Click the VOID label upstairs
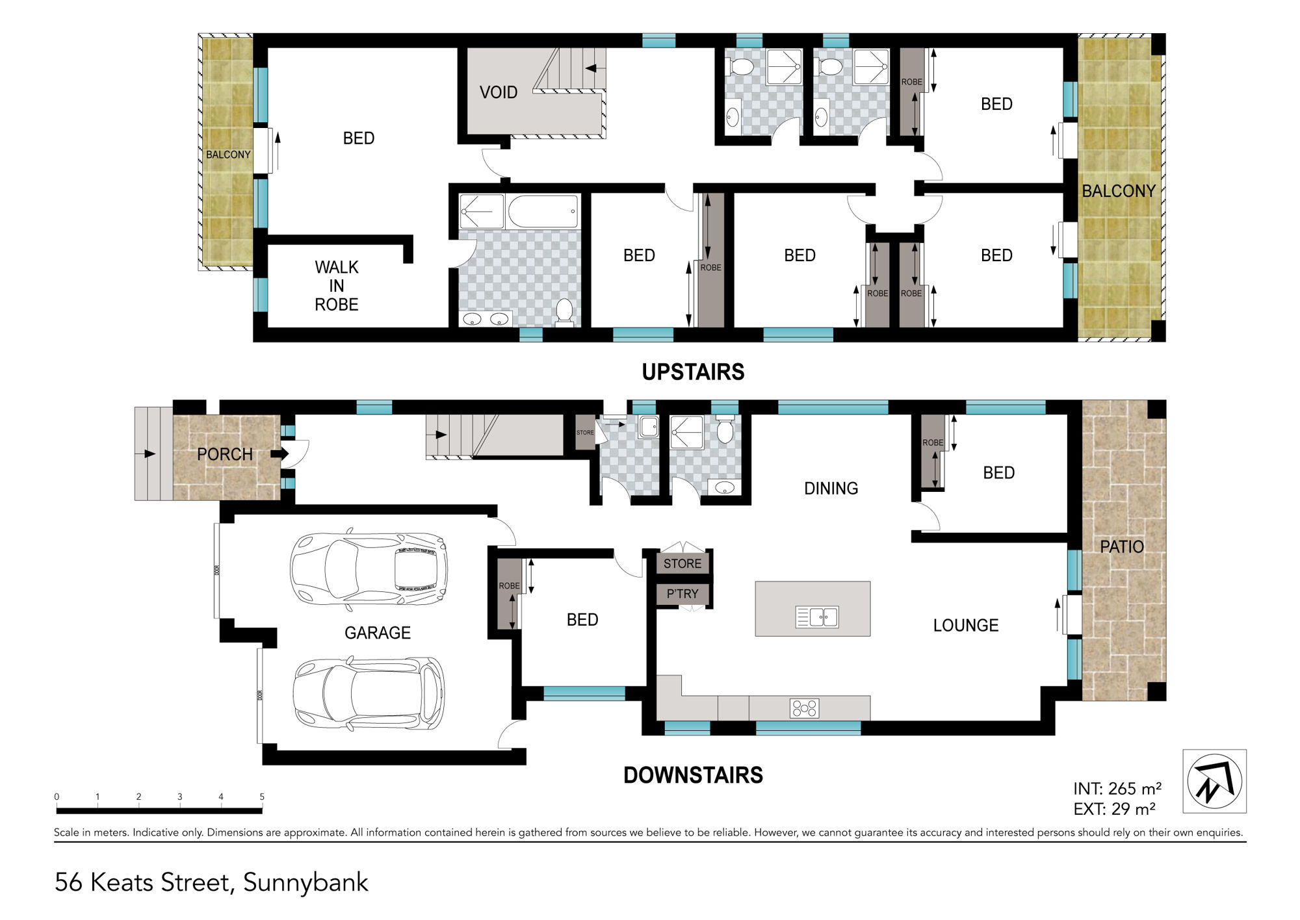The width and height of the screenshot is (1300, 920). (499, 92)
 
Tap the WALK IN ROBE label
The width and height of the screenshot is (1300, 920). (337, 286)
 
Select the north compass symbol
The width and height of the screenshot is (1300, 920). (1214, 781)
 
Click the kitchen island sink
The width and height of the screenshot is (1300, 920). (817, 617)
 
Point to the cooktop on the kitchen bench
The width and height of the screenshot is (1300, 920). (804, 708)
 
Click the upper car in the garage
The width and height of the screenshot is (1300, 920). (369, 570)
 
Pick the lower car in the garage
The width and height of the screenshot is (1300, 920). (369, 693)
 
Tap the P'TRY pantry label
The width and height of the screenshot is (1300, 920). (682, 594)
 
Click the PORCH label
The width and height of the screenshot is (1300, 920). (225, 454)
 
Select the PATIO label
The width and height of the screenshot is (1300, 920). (1122, 546)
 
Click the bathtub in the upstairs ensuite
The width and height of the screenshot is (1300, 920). (543, 211)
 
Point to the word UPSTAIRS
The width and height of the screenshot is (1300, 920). (693, 372)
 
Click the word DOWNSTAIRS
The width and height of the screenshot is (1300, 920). (693, 775)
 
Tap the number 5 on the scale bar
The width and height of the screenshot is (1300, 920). (262, 797)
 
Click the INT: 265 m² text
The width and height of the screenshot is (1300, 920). (1117, 788)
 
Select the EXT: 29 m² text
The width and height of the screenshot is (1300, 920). (1114, 809)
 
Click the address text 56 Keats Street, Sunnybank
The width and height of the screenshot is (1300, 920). (211, 882)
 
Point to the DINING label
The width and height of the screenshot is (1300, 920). (831, 488)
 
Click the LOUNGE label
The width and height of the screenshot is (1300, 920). (966, 625)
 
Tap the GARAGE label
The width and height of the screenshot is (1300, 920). (378, 633)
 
